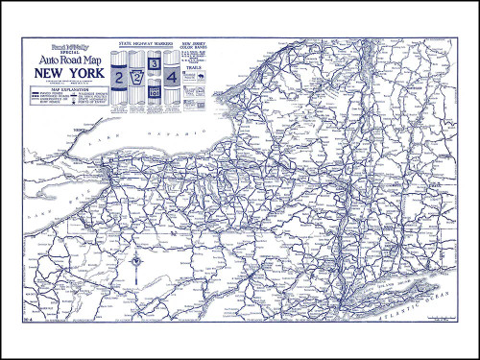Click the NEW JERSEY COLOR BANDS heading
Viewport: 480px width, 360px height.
(x=197, y=44)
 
